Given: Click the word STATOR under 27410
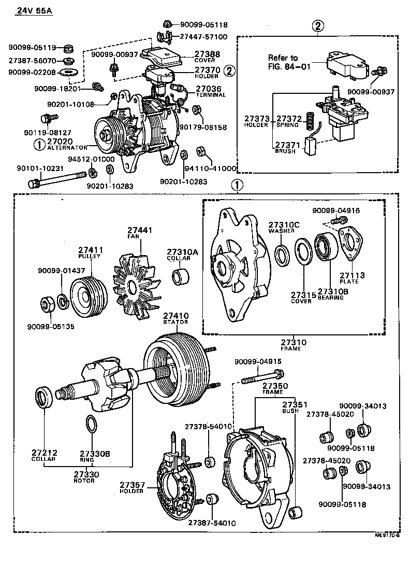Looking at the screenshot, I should pyautogui.click(x=175, y=322).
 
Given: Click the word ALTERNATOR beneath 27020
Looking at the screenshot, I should pyautogui.click(x=67, y=148).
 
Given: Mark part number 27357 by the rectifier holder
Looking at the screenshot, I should pyautogui.click(x=131, y=485).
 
